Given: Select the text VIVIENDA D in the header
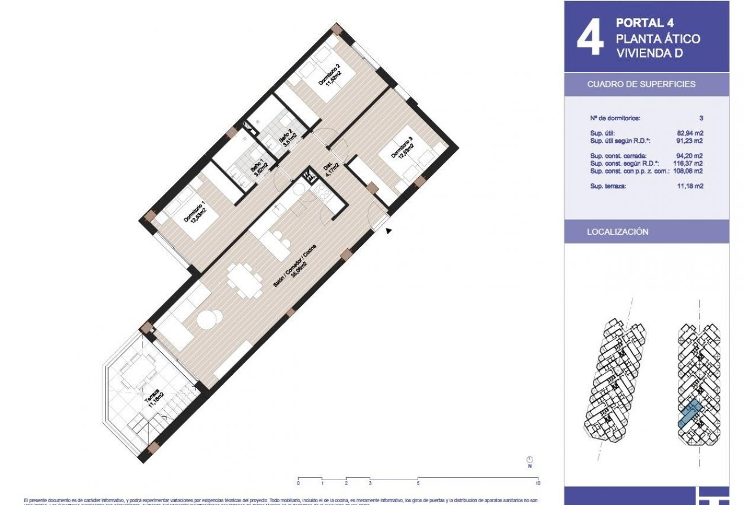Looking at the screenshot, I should point(649,54).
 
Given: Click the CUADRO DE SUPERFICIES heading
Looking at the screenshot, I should point(641,84).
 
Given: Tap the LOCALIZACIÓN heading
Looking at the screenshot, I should point(617,232).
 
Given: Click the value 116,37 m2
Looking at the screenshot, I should point(688,163).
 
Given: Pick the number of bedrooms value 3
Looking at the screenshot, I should point(701,118).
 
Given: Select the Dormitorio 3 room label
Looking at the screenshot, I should point(402,152).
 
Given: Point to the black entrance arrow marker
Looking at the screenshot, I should point(388,230).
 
